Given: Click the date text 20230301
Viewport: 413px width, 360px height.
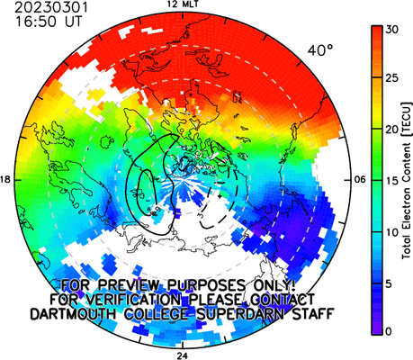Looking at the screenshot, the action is [x=51, y=7].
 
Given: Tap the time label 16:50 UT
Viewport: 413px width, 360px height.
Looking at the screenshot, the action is [x=49, y=22].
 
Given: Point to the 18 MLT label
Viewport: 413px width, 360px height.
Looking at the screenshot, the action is [x=5, y=180].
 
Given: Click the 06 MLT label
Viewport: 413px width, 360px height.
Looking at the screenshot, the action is [x=361, y=180].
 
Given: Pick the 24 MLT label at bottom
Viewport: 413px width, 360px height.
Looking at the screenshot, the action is [x=183, y=356].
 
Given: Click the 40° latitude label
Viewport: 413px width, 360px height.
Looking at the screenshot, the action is [x=320, y=50].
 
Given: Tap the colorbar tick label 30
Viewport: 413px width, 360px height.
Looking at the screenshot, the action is [x=391, y=30].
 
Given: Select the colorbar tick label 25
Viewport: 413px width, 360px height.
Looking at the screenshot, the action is [x=391, y=78].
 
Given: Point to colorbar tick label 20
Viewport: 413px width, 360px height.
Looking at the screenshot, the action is [x=391, y=130].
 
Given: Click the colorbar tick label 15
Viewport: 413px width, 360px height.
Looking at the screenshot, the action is [x=391, y=181].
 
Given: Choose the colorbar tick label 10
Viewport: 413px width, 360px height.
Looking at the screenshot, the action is [x=391, y=232].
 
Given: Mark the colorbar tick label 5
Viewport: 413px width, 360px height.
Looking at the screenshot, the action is [x=389, y=284].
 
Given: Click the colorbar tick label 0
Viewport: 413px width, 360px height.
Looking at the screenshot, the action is [x=389, y=331].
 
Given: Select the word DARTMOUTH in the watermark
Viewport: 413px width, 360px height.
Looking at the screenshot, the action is [x=74, y=314].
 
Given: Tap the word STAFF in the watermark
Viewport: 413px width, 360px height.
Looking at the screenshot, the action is [x=313, y=314].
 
